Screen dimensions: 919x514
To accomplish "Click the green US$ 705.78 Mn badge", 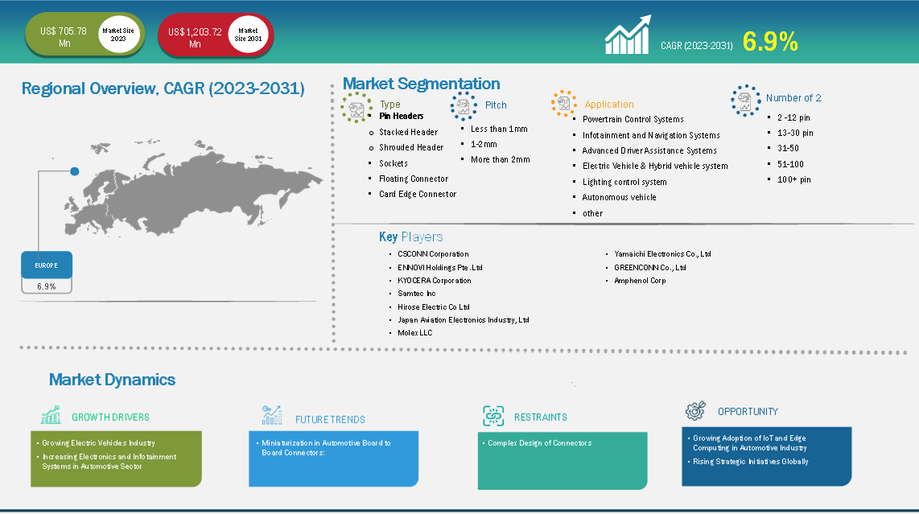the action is point(85,35).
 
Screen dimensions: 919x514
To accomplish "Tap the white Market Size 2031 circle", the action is point(248,35).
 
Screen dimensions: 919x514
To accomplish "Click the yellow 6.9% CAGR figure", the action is point(770,42).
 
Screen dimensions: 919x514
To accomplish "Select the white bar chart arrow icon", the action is point(628,35).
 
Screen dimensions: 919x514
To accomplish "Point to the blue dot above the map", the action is point(74,171).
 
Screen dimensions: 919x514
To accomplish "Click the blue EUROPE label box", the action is point(47,265).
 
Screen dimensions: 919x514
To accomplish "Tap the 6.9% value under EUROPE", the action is point(47,286).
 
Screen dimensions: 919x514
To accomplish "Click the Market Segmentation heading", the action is point(422,84).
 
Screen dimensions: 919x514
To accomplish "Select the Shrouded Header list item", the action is point(411,147).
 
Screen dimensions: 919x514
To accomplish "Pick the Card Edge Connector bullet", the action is point(418,194).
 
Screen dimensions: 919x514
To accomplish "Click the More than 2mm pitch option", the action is point(500,159).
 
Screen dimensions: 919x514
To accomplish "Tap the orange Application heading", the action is point(609,105).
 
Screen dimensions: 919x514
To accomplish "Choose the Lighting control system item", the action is point(624,182).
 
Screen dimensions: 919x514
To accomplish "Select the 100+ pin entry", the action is point(794,179).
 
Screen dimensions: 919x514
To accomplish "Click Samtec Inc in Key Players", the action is point(417,293).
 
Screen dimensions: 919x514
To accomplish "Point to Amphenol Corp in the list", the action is point(640,280).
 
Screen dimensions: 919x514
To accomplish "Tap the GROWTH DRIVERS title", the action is point(110,417).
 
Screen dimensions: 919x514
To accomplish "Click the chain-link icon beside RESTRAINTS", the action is point(493,416).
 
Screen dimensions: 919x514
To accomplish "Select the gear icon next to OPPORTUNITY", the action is point(696,411).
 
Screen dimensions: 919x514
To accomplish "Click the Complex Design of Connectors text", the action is point(540,443).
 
